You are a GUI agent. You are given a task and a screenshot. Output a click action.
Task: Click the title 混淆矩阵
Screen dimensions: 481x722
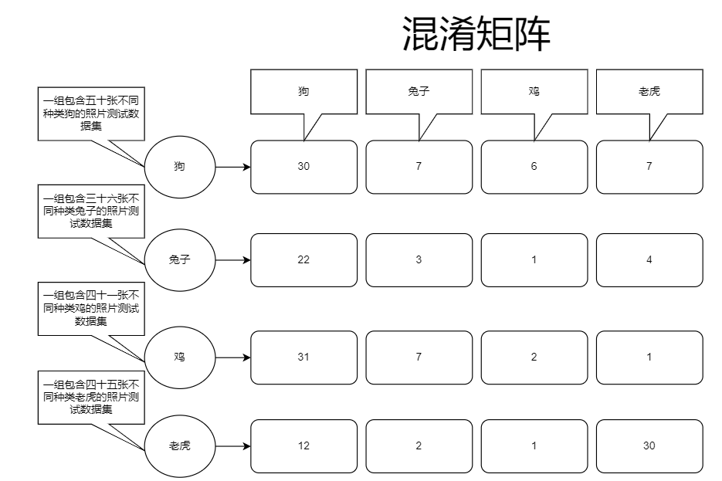click(476, 35)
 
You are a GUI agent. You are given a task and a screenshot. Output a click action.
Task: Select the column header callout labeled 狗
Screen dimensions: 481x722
click(303, 91)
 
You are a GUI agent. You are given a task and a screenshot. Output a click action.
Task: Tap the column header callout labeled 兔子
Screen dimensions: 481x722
click(419, 91)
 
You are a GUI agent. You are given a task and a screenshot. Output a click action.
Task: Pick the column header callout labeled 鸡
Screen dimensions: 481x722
click(534, 91)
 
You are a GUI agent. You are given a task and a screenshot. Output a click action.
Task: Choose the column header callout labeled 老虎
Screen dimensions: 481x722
click(649, 91)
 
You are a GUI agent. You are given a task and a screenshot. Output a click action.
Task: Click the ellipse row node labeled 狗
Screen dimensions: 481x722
click(180, 167)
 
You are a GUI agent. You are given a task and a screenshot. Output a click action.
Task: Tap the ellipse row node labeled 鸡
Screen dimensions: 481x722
click(180, 357)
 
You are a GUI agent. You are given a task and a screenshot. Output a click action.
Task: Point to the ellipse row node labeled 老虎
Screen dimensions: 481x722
click(180, 446)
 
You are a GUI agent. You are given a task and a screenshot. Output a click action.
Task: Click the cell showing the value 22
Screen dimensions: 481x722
click(303, 260)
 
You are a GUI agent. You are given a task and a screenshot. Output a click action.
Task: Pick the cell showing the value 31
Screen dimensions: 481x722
click(303, 357)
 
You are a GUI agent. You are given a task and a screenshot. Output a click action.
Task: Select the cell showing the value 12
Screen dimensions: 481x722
click(303, 446)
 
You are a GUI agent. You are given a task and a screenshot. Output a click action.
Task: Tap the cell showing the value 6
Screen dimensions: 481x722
click(534, 167)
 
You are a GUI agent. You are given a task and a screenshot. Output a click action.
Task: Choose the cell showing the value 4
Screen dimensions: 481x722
click(649, 260)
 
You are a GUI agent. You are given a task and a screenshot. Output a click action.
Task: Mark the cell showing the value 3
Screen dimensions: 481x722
click(419, 260)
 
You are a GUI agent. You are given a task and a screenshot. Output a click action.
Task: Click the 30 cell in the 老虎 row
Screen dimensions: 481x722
click(649, 446)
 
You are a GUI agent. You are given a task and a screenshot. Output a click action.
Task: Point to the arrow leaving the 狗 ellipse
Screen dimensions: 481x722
click(232, 167)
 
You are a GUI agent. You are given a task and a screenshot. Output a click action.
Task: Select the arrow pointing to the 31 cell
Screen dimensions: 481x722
click(232, 357)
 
